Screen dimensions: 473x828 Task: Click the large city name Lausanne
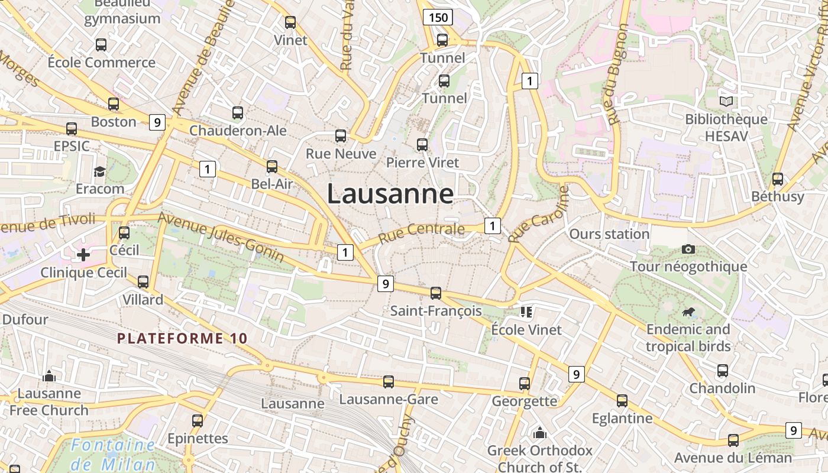[390, 194]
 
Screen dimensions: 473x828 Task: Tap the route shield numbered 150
[438, 17]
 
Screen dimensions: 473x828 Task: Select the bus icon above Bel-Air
[272, 167]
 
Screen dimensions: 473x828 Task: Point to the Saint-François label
[436, 310]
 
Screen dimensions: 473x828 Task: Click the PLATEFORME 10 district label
[182, 339]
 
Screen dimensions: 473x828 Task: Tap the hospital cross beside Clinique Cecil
[83, 255]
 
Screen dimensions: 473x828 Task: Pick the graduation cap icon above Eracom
[99, 171]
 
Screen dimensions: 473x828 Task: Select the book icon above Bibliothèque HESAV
[726, 101]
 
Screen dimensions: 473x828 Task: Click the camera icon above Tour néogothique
[688, 249]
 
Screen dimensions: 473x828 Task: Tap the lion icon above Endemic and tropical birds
[688, 312]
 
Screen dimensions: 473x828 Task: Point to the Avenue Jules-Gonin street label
[221, 237]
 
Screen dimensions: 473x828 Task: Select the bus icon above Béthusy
[778, 179]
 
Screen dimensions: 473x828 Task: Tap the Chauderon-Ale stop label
[238, 130]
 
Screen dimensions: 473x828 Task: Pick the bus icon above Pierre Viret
[422, 144]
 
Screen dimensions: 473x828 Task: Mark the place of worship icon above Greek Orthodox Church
[539, 433]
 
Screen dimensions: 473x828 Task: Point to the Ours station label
[609, 234]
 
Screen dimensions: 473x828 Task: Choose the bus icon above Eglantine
[622, 400]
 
